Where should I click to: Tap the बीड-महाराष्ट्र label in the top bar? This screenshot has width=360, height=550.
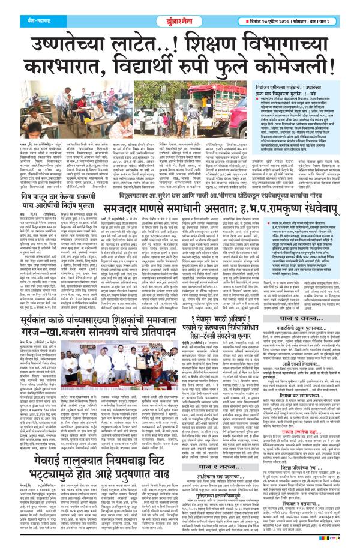pos(24,8)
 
